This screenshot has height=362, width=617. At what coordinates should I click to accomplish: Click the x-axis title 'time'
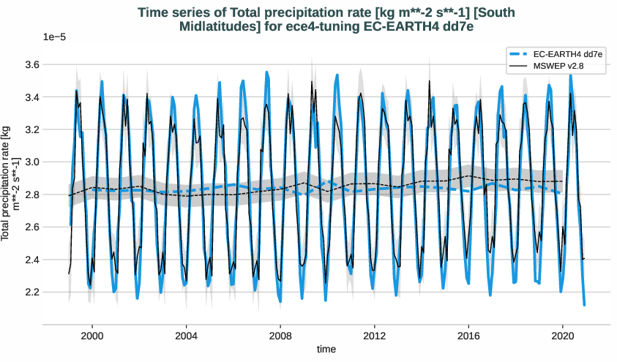click(326, 350)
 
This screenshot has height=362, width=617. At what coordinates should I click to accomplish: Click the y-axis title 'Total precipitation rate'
click(10, 183)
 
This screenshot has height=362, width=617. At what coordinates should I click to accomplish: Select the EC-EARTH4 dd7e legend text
click(558, 55)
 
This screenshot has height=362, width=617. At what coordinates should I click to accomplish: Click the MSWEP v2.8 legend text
click(558, 67)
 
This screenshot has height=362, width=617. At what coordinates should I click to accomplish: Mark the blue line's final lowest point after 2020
click(584, 304)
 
